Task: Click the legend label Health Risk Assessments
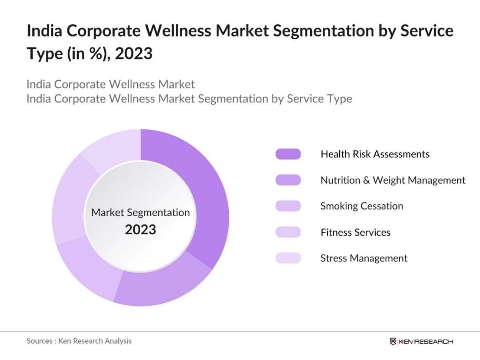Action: [x=374, y=154]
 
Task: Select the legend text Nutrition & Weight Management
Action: [x=392, y=180]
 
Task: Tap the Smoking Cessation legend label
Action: [x=361, y=206]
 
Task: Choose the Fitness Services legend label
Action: [x=355, y=232]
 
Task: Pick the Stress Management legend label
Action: [x=364, y=258]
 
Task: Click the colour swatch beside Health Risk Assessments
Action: [x=288, y=154]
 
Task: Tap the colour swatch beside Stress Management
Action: [x=288, y=258]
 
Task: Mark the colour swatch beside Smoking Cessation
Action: [x=288, y=206]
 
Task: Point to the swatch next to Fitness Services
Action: [x=288, y=232]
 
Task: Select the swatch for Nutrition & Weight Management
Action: [x=288, y=180]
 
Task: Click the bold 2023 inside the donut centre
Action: [x=140, y=230]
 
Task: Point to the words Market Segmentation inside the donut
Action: [x=140, y=212]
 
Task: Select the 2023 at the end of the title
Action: [x=133, y=53]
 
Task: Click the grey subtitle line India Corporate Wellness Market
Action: [x=111, y=84]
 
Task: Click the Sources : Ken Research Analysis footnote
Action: [x=79, y=341]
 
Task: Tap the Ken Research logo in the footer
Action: [x=421, y=341]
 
